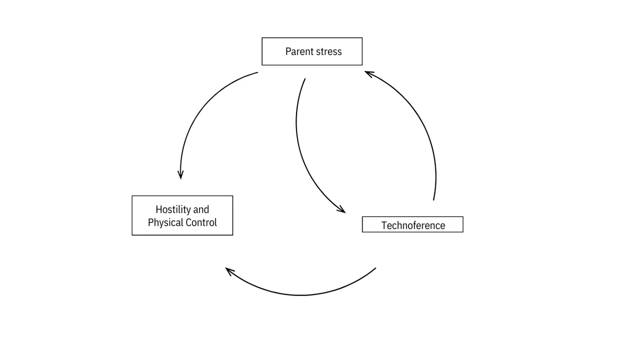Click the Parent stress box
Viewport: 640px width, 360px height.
[x=312, y=51]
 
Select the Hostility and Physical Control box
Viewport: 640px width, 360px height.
[x=182, y=215]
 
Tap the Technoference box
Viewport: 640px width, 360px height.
[x=413, y=225]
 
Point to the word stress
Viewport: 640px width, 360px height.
[x=329, y=52]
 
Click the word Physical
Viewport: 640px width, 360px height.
[x=165, y=222]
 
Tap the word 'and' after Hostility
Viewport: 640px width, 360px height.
[x=201, y=210]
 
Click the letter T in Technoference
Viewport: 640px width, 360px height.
[x=385, y=226]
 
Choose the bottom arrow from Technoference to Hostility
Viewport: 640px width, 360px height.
[x=301, y=295]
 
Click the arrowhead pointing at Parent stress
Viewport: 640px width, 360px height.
[x=369, y=74]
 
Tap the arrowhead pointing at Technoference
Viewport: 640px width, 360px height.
[x=342, y=210]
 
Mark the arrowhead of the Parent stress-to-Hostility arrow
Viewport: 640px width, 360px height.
[x=181, y=175]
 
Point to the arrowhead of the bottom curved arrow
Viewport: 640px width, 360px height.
[x=229, y=271]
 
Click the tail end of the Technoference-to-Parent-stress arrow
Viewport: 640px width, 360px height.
[x=434, y=200]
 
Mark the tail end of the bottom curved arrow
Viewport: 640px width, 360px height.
[x=375, y=268]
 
